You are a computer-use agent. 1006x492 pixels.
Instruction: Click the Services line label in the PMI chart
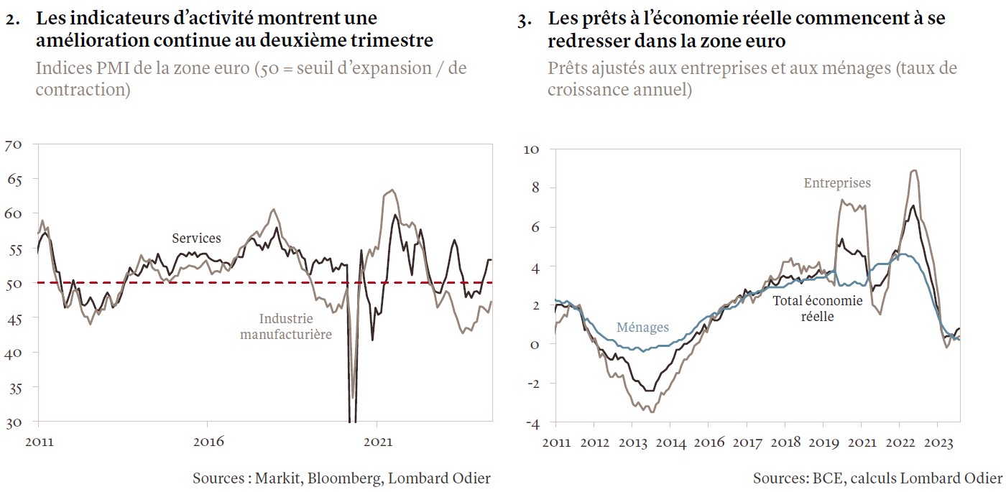point(196,238)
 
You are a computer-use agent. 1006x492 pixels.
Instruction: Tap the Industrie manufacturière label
point(285,326)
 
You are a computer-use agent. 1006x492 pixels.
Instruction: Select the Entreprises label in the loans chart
point(836,183)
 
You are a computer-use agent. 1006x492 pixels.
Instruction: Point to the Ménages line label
point(642,328)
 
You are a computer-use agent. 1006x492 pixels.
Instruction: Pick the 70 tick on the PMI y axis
point(14,145)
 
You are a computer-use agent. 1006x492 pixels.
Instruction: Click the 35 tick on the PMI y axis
point(14,388)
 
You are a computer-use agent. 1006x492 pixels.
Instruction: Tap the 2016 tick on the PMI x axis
point(209,442)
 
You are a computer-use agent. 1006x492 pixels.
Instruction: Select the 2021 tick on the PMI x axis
point(378,442)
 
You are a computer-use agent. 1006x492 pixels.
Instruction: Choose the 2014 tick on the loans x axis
point(670,442)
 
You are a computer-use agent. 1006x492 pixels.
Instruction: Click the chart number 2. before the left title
point(13,21)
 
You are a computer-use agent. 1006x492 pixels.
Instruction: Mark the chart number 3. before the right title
point(525,21)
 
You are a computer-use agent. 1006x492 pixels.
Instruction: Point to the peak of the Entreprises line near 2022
point(913,171)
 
